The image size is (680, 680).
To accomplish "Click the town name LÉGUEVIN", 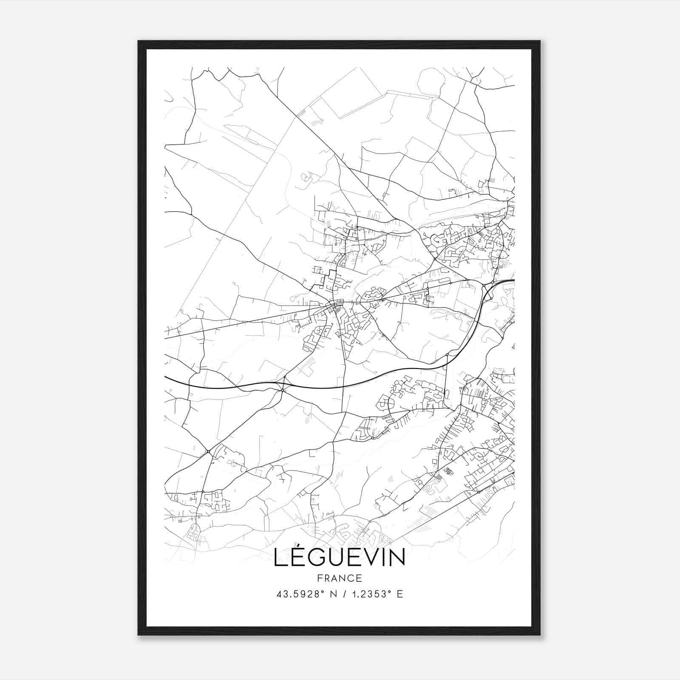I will tap(339, 557).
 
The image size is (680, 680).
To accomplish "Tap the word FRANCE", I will tap(340, 578).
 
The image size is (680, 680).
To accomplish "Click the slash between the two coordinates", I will tap(342, 594).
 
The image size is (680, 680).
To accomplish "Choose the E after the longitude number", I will tap(399, 594).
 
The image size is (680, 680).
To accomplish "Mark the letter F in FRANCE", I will tap(320, 578).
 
